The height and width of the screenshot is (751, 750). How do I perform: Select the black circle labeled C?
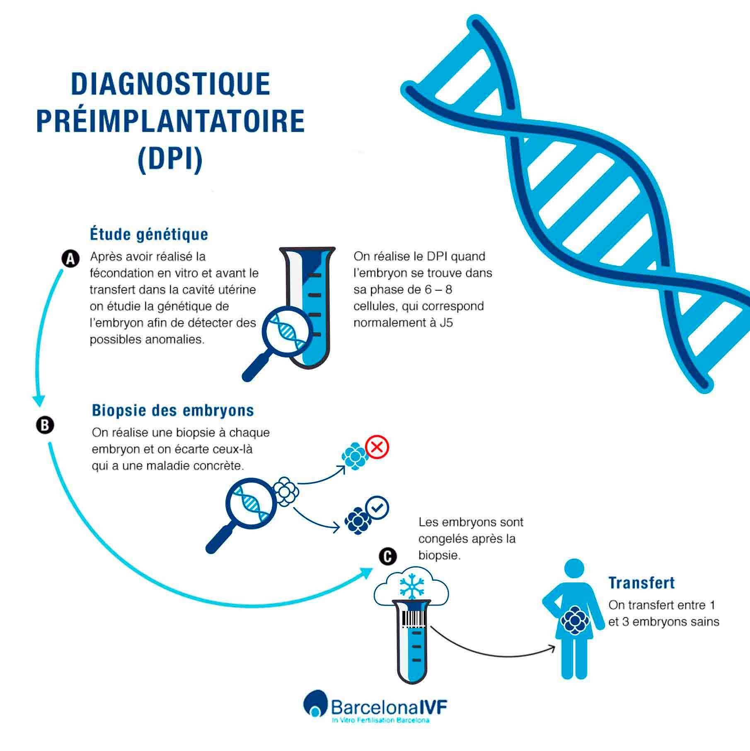387,557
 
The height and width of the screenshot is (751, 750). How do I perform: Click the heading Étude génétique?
149,234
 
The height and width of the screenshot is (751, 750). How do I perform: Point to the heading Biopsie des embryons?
173,411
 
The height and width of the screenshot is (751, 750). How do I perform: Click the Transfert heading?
641,583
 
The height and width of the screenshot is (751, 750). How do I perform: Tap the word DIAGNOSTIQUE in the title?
171,84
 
